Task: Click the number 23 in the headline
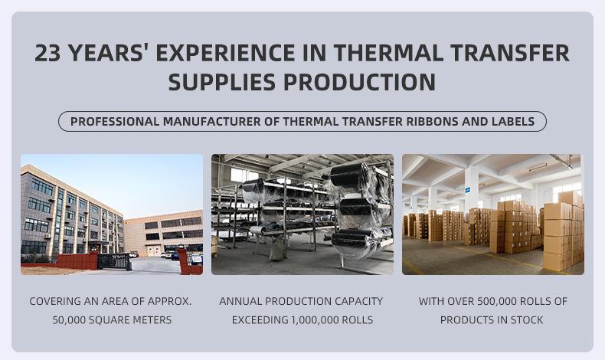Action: [47, 53]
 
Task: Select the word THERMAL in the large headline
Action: [388, 53]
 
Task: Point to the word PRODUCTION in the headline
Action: [360, 82]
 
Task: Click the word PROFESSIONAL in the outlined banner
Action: [115, 122]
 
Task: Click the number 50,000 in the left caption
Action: [69, 320]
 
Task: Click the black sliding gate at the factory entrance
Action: [114, 261]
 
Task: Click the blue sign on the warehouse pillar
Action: [468, 189]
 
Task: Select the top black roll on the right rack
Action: [350, 175]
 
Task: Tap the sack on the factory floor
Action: [276, 249]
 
